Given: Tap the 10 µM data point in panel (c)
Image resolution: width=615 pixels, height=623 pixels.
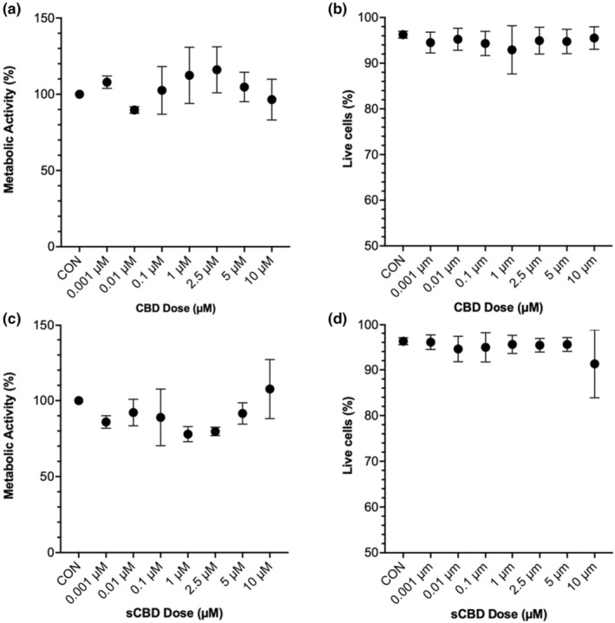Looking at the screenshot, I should coord(269,389).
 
